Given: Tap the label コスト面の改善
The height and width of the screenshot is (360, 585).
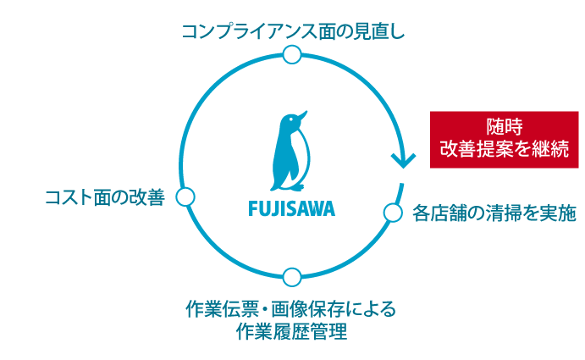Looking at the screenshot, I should pyautogui.click(x=104, y=197).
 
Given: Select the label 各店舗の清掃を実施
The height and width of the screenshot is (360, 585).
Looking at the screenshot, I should pyautogui.click(x=494, y=212).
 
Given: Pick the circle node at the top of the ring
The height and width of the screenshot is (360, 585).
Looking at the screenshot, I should pyautogui.click(x=292, y=55).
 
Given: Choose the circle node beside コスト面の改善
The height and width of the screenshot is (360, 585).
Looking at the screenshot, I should pyautogui.click(x=185, y=197).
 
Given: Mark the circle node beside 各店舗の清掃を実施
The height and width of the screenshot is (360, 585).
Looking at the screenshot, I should pyautogui.click(x=393, y=213).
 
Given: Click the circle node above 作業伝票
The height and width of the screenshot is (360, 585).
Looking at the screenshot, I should pyautogui.click(x=292, y=276).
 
